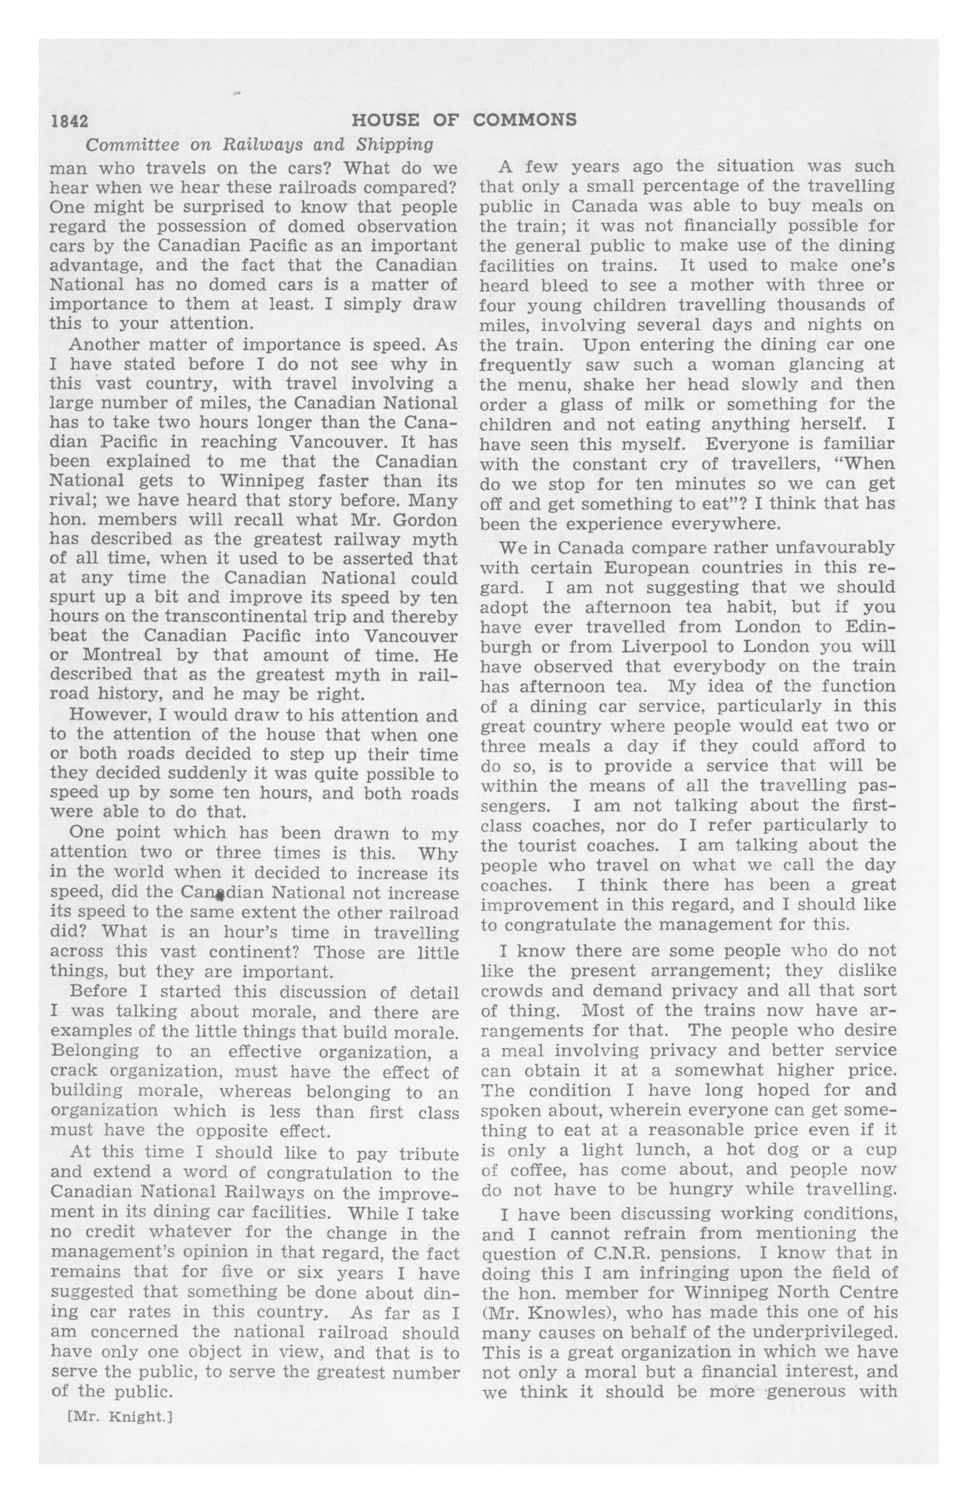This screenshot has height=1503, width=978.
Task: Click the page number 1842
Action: coord(69,120)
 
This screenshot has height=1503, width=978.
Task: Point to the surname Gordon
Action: coord(424,520)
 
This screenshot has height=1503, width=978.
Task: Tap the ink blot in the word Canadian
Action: coord(220,894)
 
